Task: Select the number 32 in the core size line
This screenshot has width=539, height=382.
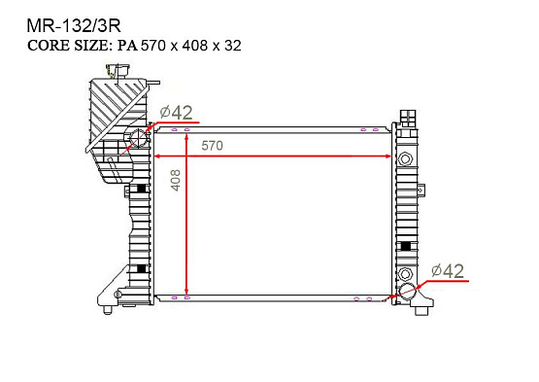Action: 231,45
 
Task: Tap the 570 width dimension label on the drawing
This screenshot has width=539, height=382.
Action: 212,145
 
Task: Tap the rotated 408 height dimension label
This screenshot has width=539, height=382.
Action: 176,180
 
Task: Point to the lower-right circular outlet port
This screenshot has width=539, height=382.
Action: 406,292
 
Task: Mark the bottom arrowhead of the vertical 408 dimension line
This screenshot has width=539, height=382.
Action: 186,293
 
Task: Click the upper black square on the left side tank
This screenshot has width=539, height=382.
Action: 142,189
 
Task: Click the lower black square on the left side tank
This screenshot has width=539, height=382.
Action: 142,267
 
